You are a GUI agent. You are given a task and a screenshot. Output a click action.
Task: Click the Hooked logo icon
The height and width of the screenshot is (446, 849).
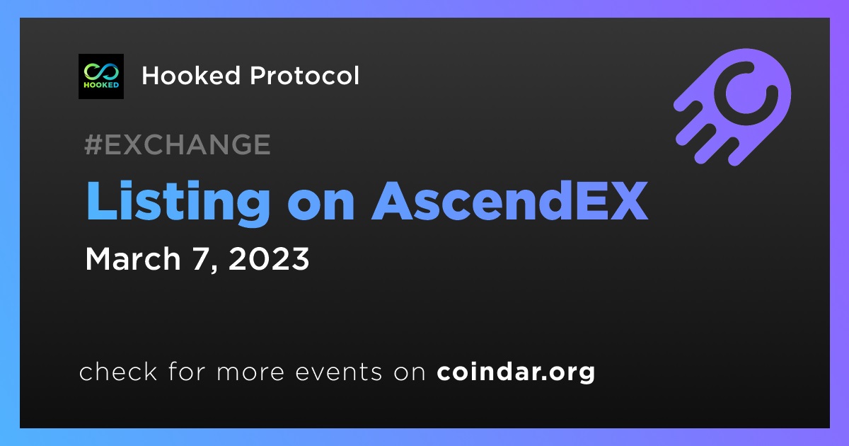(x=101, y=76)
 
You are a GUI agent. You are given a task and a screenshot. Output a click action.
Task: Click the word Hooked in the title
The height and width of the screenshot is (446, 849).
(x=191, y=75)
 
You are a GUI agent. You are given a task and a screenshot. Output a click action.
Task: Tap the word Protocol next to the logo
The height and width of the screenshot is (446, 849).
(x=304, y=75)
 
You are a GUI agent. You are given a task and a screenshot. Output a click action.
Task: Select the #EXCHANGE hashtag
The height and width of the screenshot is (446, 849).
(x=178, y=144)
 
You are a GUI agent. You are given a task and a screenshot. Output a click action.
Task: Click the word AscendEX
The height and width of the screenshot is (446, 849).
(x=509, y=200)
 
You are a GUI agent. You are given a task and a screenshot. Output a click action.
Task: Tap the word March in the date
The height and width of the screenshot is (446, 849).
(x=133, y=258)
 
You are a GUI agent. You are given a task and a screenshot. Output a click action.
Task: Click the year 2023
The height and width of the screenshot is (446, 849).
(x=269, y=258)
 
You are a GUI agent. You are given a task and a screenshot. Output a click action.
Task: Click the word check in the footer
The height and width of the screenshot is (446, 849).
(x=118, y=371)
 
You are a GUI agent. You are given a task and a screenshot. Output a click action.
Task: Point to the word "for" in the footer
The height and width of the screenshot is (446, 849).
(x=187, y=371)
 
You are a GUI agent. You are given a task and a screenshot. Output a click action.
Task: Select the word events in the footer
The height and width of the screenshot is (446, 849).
(x=338, y=372)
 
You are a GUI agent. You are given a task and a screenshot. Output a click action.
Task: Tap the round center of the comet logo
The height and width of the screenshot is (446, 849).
(x=746, y=93)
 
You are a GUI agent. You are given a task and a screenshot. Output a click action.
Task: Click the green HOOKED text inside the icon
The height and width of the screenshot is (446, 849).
(x=101, y=85)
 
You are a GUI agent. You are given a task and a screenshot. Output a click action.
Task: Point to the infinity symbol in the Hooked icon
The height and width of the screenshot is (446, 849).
(x=101, y=71)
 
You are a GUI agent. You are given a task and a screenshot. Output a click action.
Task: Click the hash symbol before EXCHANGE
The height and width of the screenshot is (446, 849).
(x=93, y=144)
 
